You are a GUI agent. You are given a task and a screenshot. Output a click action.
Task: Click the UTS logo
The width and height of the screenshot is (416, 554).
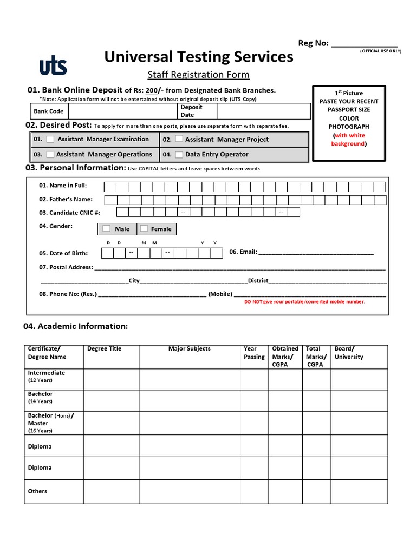[53, 66]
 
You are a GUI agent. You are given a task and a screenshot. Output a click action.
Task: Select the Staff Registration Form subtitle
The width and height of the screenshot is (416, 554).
[199, 75]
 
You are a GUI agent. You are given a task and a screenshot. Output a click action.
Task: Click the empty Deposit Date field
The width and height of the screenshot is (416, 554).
[263, 111]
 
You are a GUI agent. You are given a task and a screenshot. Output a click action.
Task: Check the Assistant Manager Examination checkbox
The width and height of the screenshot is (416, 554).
[50, 140]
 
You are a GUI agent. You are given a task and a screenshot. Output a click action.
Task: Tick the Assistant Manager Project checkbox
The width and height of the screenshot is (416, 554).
[179, 140]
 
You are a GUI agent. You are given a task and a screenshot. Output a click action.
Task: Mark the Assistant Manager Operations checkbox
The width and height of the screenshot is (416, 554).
[50, 155]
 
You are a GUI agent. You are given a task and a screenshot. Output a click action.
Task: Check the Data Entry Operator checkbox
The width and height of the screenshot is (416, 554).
[179, 155]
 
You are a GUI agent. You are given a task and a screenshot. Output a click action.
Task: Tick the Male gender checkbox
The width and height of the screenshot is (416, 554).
[107, 229]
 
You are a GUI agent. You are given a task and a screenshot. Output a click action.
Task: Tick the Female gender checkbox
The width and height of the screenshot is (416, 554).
[144, 229]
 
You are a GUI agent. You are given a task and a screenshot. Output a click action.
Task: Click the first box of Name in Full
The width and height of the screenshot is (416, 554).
[109, 187]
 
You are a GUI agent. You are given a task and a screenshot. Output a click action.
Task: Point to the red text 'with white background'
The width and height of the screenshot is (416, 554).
[349, 140]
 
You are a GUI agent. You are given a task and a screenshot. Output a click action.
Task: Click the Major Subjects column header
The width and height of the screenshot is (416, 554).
[189, 349]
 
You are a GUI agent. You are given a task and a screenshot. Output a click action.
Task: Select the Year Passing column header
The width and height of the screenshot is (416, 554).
[254, 353]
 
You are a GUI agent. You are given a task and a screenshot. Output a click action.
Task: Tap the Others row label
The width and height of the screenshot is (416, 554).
[37, 491]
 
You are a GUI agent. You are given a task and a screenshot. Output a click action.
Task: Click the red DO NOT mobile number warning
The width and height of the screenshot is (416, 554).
[305, 302]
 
